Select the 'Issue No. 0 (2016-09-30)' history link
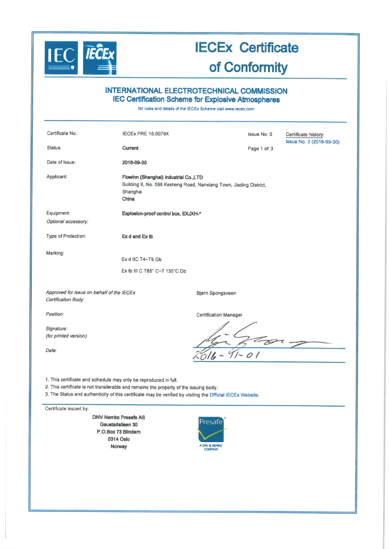(x=312, y=142)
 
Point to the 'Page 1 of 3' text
(x=260, y=149)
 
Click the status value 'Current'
(x=130, y=148)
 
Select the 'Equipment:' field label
(x=58, y=213)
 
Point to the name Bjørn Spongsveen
(x=217, y=293)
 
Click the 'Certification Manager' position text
(x=220, y=315)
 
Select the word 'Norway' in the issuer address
(x=119, y=446)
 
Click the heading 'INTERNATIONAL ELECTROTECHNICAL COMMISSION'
(x=196, y=91)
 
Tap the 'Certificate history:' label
(x=305, y=134)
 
